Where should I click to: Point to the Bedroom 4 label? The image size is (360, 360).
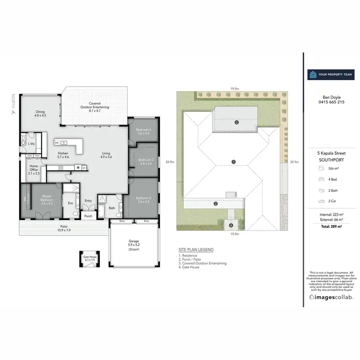(x=143, y=132)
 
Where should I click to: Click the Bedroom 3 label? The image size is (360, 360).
(x=145, y=161)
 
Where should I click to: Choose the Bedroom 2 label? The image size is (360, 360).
(x=143, y=199)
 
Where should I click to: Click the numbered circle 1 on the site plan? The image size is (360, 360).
(x=233, y=162)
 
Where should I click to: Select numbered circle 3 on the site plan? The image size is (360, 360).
(x=237, y=122)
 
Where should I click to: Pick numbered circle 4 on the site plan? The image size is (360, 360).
(x=231, y=225)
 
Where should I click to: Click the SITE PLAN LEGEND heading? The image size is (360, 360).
(x=195, y=250)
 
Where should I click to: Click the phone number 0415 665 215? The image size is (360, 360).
(x=331, y=102)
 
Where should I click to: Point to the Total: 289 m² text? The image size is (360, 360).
(x=331, y=225)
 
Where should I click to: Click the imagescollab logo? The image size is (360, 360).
(x=331, y=297)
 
